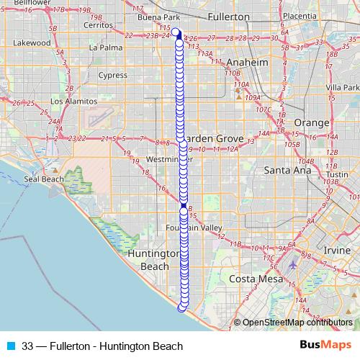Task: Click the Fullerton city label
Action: (x=227, y=16)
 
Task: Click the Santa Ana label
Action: (x=287, y=171)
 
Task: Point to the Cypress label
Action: (x=112, y=75)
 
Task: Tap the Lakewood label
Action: (x=32, y=42)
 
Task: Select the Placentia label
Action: (x=300, y=16)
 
